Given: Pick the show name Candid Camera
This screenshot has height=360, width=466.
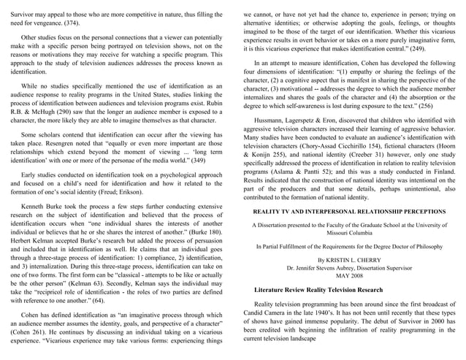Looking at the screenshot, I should [267, 311].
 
